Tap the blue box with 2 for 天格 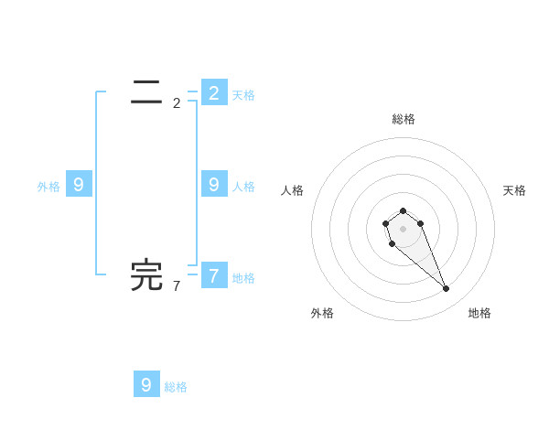click(214, 92)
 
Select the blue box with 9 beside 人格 click(214, 184)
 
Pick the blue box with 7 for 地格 click(214, 274)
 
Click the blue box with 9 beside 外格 click(79, 184)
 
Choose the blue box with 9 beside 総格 click(146, 384)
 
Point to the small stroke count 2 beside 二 click(177, 103)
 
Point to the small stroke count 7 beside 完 click(177, 286)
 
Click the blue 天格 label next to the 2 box click(243, 95)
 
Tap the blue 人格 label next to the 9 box click(243, 187)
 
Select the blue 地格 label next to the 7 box click(243, 278)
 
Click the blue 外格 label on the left click(48, 187)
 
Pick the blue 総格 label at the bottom click(176, 387)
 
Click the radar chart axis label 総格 click(403, 119)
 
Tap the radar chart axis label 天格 click(514, 190)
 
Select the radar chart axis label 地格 click(479, 313)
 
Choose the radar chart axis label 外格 click(322, 313)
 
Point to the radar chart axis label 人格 click(292, 190)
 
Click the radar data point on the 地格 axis click(446, 289)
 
